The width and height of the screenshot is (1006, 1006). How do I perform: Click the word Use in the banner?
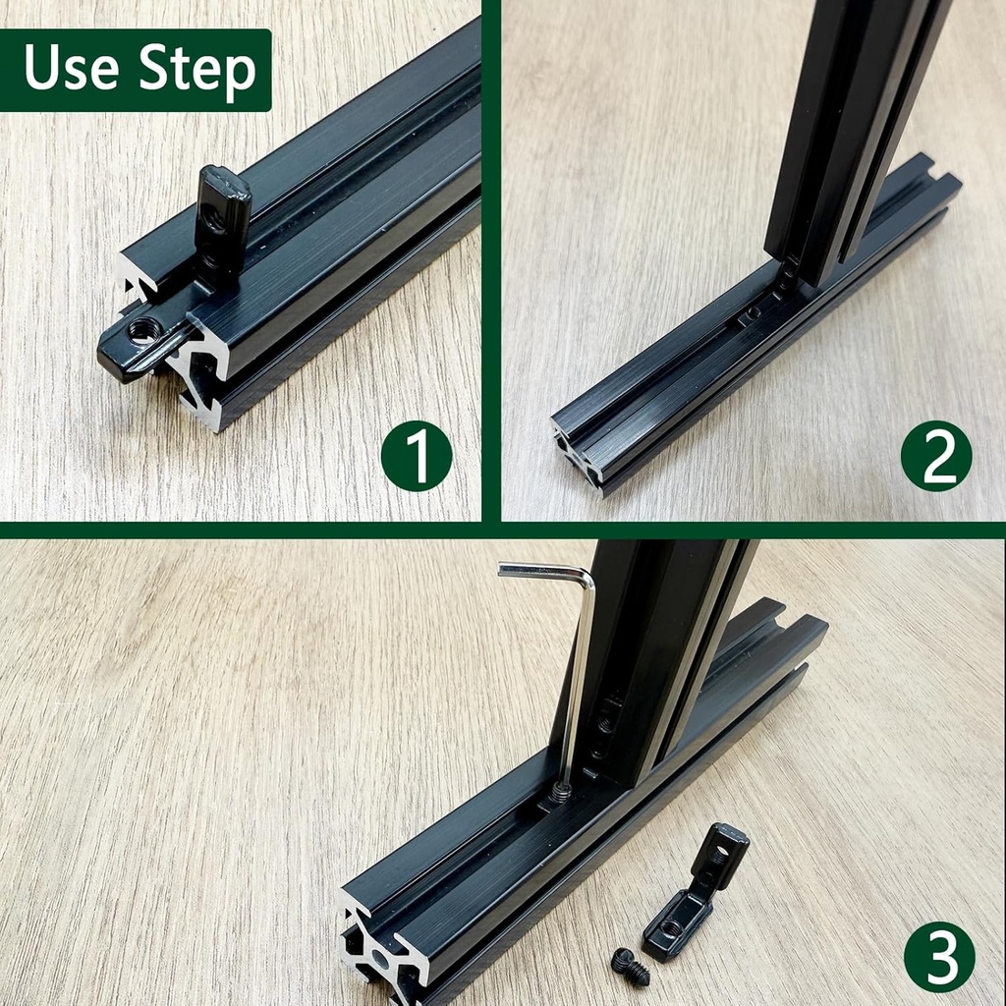point(72,69)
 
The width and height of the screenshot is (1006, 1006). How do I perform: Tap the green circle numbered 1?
point(417,455)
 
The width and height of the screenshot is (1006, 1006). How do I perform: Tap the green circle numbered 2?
point(935,455)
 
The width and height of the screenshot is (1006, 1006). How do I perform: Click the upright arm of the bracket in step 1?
point(221,221)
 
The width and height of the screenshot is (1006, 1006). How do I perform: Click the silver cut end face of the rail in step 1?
point(201,378)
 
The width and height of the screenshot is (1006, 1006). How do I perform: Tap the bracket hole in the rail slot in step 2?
point(753,312)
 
